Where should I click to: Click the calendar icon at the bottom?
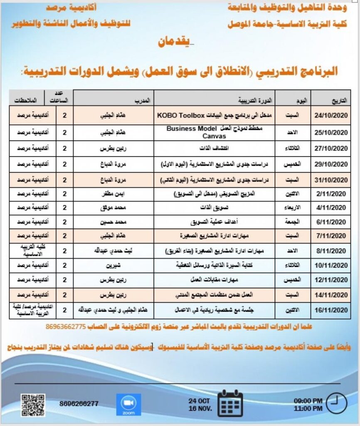(x=230, y=403)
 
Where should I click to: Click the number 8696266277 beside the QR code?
(x=79, y=404)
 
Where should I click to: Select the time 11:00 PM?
(x=308, y=408)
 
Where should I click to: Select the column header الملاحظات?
(x=25, y=101)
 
